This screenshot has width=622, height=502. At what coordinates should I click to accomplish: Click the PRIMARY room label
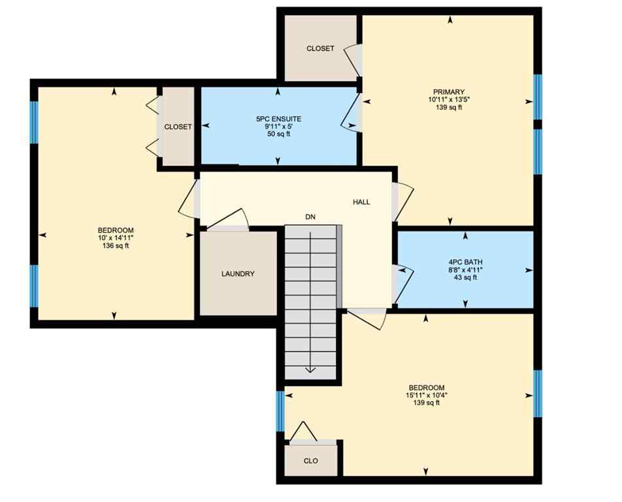tap(448, 92)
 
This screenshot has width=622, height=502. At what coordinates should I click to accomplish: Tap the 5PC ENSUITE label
tap(278, 119)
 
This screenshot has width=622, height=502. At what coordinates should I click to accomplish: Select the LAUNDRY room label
tap(237, 274)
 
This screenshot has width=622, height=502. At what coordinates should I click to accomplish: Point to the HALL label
tap(361, 202)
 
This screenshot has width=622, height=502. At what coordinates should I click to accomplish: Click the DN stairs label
tap(310, 216)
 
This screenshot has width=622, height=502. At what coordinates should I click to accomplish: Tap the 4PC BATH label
tap(465, 262)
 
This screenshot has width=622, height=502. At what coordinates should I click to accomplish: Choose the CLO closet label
tap(311, 461)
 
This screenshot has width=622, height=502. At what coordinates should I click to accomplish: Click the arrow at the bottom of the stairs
tap(310, 369)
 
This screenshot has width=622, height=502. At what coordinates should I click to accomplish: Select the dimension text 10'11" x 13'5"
tap(448, 99)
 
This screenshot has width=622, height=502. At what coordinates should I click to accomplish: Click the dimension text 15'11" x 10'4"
tap(426, 395)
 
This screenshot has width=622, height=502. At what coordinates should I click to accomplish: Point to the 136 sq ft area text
tap(116, 246)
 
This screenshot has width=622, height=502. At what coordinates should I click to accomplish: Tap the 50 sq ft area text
tap(278, 134)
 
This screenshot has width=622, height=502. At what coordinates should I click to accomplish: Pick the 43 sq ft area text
tap(465, 277)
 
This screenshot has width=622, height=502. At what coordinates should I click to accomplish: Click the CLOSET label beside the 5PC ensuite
tap(178, 127)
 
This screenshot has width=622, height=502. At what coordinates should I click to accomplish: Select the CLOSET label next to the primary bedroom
tap(320, 48)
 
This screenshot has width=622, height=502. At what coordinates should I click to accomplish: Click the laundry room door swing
tap(228, 219)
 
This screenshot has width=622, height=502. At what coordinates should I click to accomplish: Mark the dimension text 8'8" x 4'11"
tap(465, 269)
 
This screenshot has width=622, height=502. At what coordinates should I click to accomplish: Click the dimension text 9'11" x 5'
tap(278, 127)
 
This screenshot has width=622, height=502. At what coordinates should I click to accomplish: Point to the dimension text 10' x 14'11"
tap(116, 238)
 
